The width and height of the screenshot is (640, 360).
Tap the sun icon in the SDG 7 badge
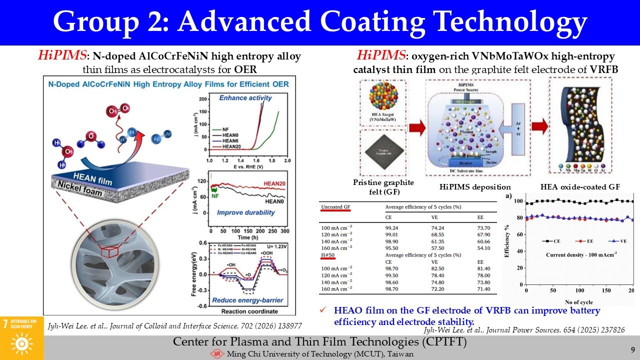tap(21, 343)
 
